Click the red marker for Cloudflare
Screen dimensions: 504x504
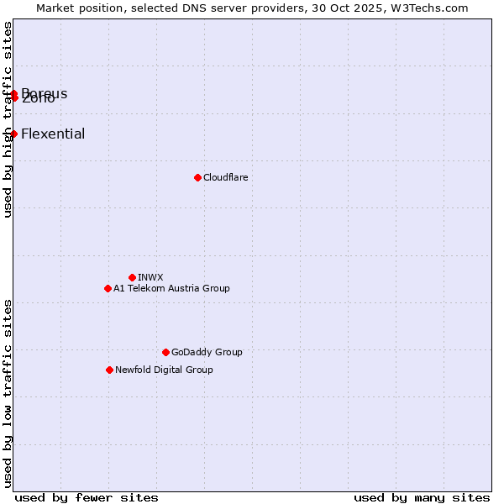coord(197,177)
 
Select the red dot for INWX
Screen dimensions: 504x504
coord(132,277)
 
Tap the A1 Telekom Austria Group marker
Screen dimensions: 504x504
coord(108,288)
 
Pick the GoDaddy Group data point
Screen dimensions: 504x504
coord(165,352)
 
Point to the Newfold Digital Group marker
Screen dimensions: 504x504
coord(109,370)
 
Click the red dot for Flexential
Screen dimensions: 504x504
coord(13,134)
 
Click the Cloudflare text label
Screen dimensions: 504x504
coord(225,177)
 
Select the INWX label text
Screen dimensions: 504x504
coord(150,277)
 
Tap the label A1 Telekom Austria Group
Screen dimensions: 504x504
coord(171,288)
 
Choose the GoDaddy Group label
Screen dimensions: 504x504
coord(207,352)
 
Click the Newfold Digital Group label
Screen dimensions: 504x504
coord(164,370)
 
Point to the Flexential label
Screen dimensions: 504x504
coord(53,134)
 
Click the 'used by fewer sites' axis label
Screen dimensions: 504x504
coord(87,497)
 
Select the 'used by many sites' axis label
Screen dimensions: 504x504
coord(422,497)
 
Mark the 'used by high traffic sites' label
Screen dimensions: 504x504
coord(8,119)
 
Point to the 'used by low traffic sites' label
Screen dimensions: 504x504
coord(8,393)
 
